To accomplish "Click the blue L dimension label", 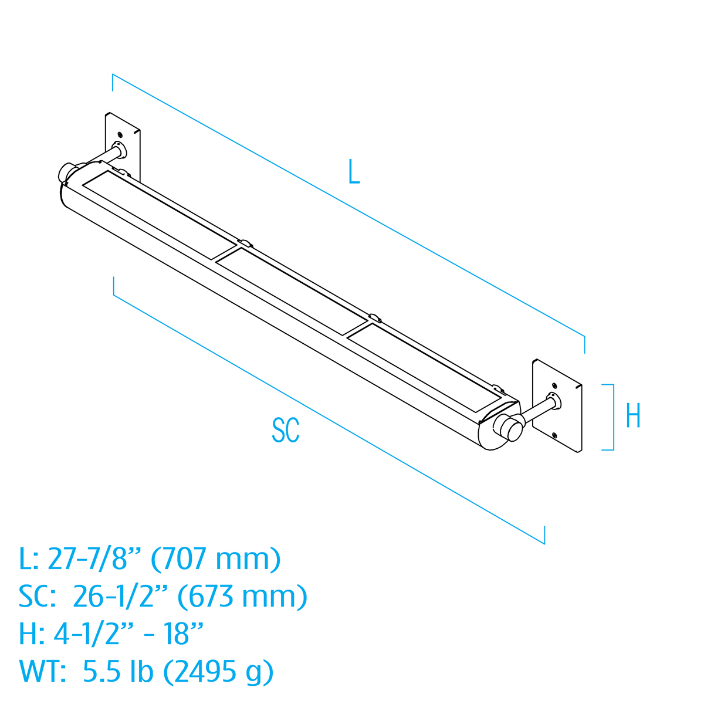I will (353, 171).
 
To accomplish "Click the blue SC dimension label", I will (286, 430).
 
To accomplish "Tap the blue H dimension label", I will (633, 417).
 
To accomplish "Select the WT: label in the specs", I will (42, 671).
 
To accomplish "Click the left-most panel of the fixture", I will (158, 215).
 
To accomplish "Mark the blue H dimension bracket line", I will (613, 417).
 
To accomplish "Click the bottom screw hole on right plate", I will (555, 435).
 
